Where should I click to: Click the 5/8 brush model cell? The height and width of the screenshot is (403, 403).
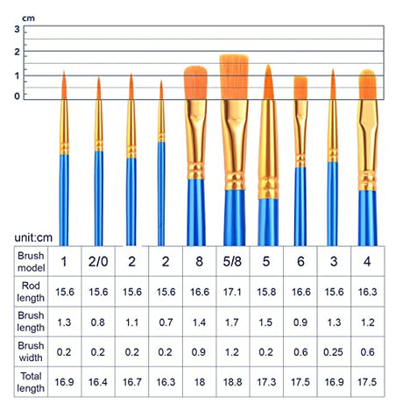click(232, 261)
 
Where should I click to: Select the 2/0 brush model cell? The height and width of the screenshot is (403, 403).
click(98, 261)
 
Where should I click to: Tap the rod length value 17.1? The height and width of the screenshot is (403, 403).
click(232, 292)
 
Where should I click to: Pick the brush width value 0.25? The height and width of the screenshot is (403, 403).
click(333, 352)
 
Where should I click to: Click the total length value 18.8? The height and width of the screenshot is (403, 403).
click(232, 382)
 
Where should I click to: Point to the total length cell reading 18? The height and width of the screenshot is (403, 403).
click(200, 382)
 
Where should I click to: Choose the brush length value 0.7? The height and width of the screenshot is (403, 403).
click(166, 322)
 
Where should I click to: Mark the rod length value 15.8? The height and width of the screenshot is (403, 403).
click(266, 292)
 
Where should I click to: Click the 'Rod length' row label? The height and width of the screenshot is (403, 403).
click(31, 292)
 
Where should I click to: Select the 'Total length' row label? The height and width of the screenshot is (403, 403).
click(31, 382)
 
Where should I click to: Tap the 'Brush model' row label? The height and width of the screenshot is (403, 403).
click(31, 262)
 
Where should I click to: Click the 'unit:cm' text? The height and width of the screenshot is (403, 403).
click(33, 237)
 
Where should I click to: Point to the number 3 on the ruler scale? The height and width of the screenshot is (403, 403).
click(18, 29)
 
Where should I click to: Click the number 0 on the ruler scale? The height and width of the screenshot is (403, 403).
click(18, 96)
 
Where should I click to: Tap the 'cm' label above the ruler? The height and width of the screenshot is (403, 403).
click(28, 18)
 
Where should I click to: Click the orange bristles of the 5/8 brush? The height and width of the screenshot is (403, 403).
click(234, 77)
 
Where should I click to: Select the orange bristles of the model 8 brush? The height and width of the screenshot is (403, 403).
click(195, 83)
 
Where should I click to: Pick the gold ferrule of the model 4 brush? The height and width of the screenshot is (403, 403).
click(368, 145)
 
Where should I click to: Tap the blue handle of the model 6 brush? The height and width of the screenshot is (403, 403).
click(300, 207)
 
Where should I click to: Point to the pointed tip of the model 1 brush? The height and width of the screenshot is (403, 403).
click(64, 71)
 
